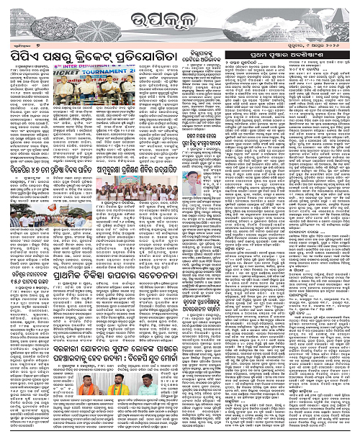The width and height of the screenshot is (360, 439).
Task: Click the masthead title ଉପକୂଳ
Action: point(179,17)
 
